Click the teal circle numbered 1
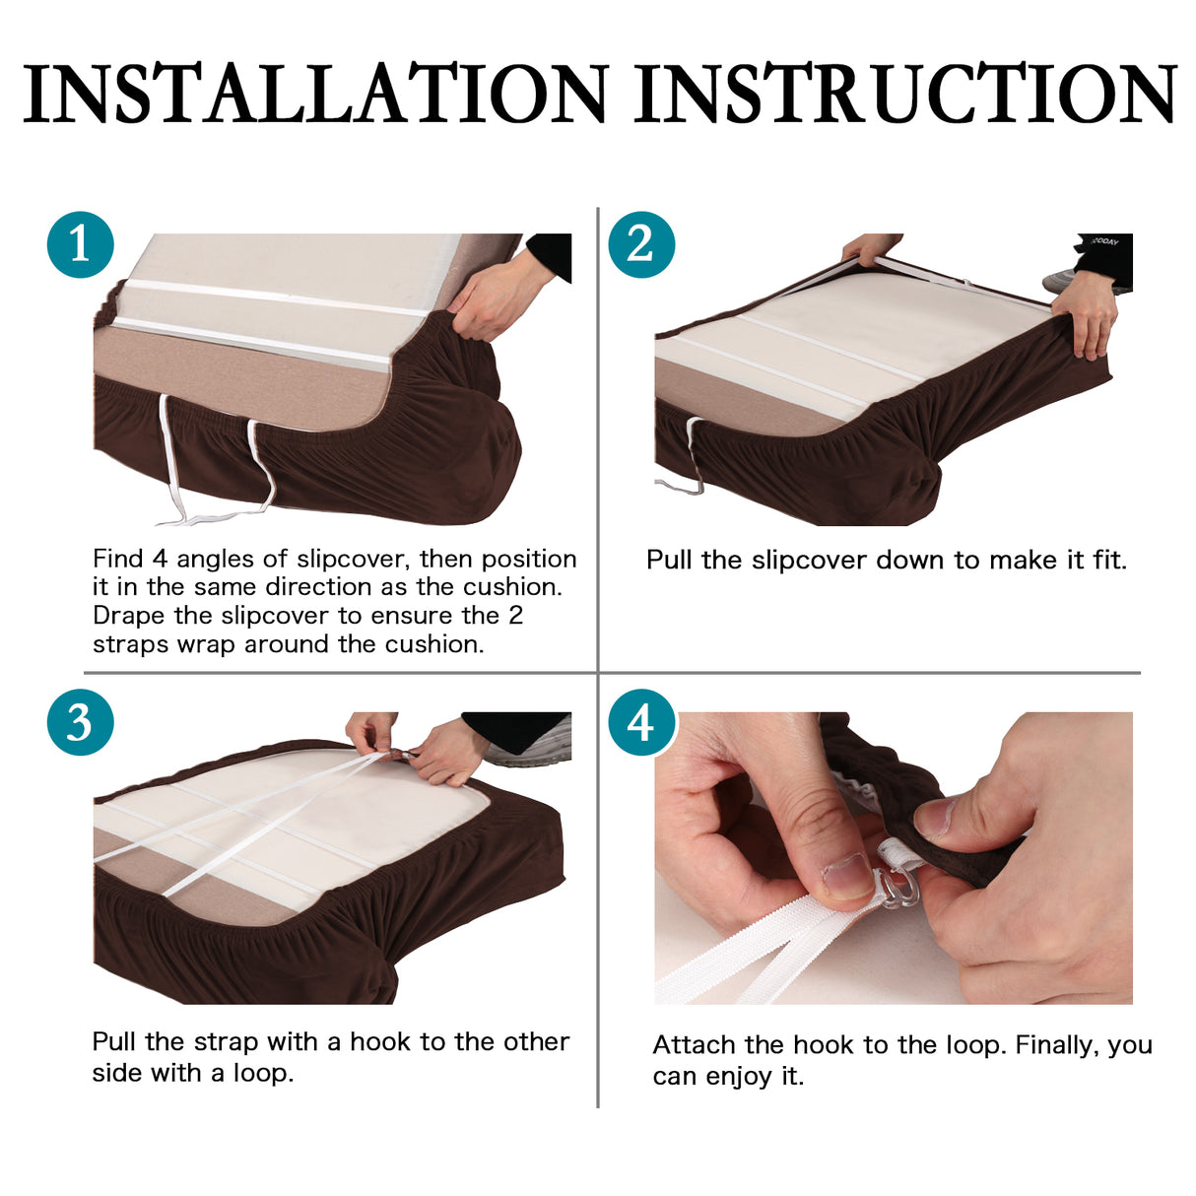point(80,244)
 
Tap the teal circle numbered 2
point(641,244)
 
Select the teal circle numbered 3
point(80,722)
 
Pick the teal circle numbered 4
point(641,722)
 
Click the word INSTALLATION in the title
point(314,93)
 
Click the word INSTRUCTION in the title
point(905,93)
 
